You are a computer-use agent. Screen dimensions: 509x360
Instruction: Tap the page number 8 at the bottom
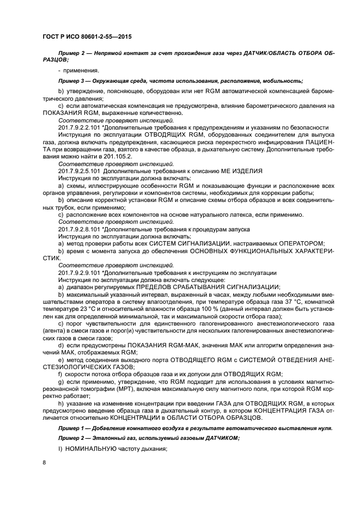pos(44,462)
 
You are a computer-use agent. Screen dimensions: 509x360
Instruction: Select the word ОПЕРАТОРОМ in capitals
pos(301,243)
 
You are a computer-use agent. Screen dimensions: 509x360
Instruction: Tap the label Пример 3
pos(72,81)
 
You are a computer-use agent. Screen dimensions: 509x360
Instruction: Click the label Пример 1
pos(72,429)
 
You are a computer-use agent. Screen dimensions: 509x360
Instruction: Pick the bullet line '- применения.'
pos(78,71)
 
